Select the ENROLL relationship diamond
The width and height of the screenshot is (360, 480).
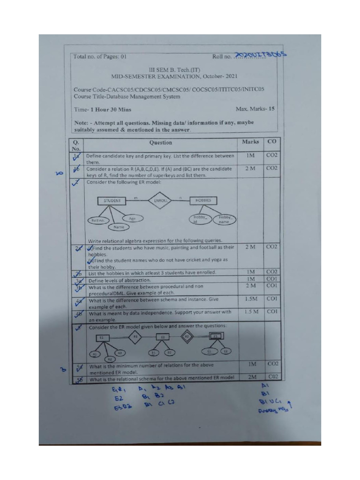[x=160, y=201]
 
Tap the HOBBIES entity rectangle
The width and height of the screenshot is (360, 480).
[x=203, y=201]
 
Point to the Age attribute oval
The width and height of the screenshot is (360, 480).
[x=133, y=218]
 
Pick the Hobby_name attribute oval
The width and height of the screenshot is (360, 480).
[x=225, y=219]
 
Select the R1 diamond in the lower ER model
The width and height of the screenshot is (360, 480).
[x=135, y=336]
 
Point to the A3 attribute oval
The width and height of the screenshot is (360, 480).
[x=119, y=352]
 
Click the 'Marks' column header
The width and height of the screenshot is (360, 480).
[x=250, y=142]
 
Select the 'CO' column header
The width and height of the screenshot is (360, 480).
[x=271, y=142]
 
